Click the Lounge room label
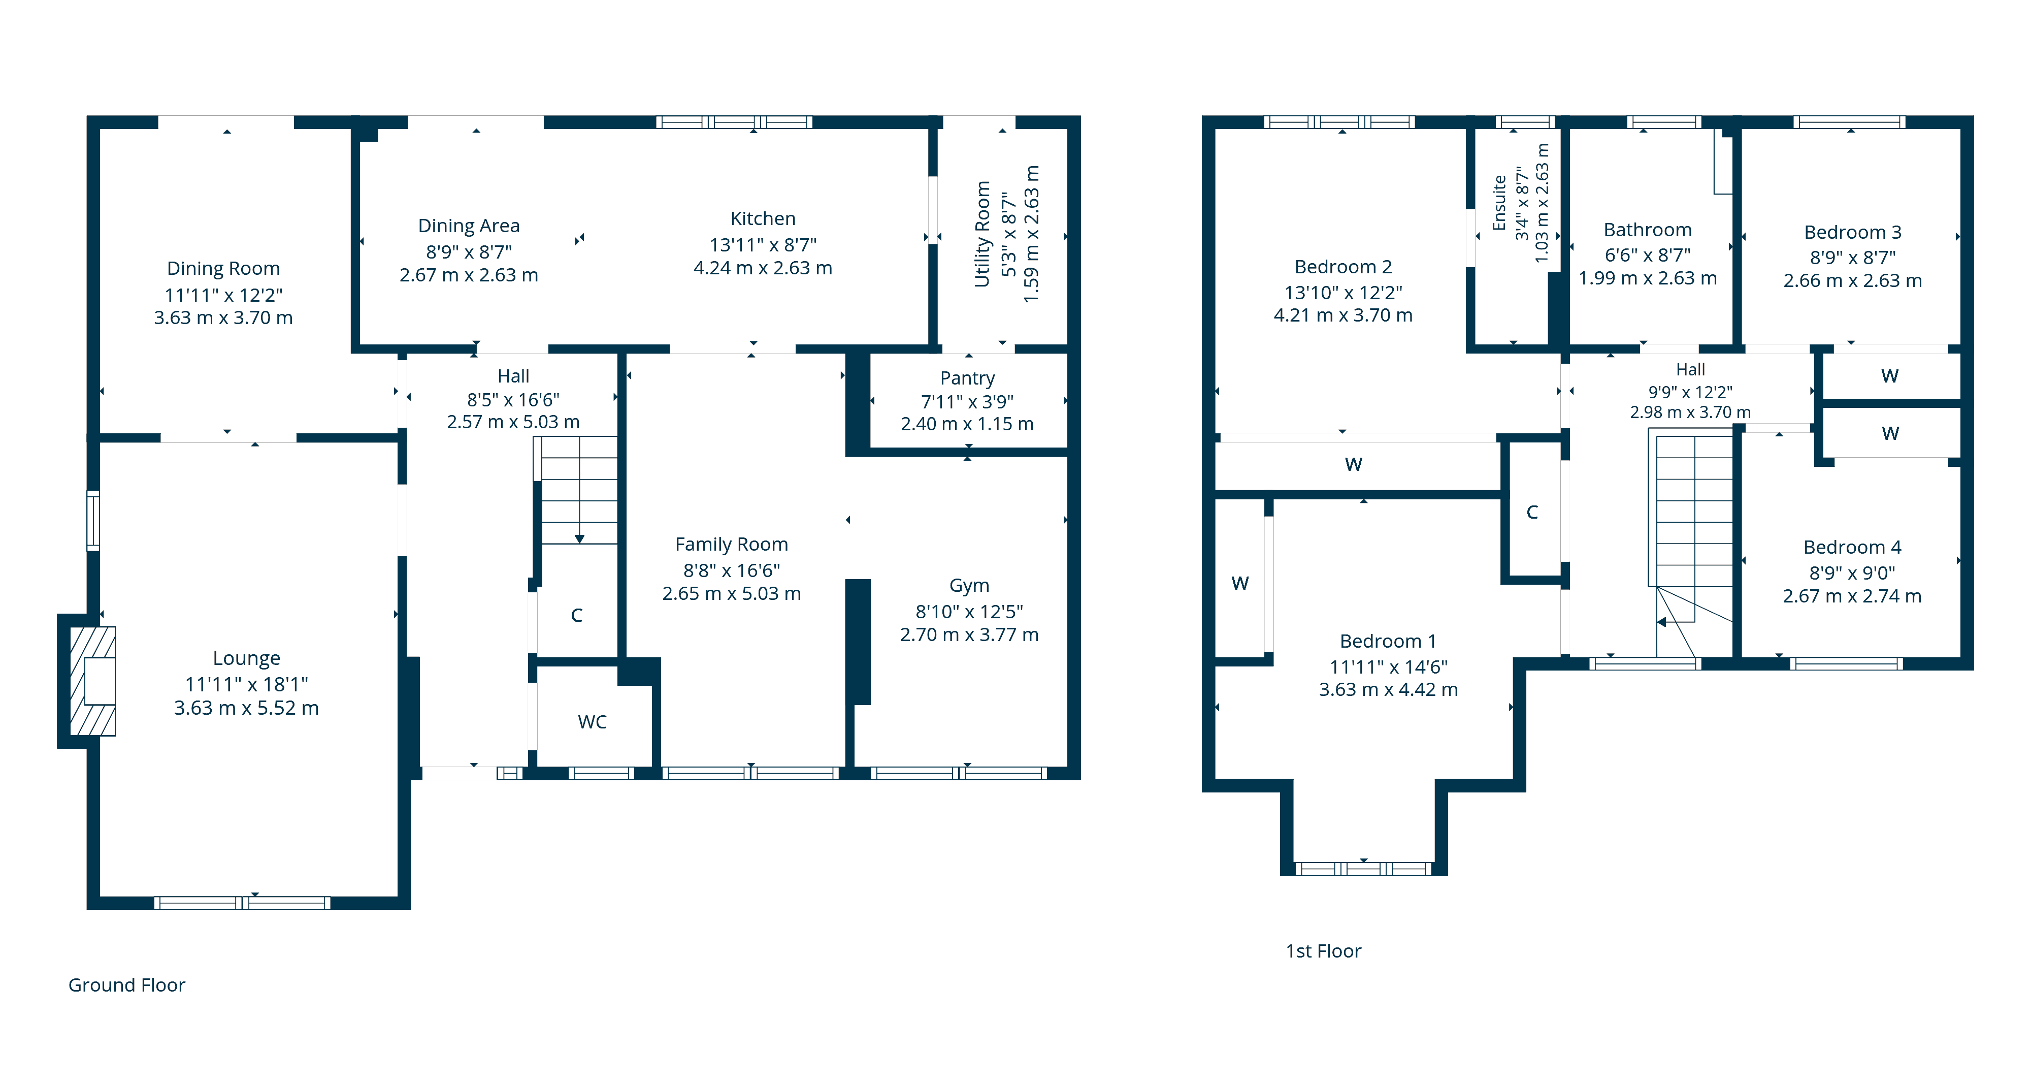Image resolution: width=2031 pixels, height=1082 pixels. click(246, 658)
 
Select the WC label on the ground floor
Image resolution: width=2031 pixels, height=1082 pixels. click(592, 722)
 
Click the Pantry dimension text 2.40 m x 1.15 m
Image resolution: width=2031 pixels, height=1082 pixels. click(967, 424)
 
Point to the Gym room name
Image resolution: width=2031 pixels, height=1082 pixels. click(969, 585)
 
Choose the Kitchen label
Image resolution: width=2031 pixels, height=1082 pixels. click(763, 218)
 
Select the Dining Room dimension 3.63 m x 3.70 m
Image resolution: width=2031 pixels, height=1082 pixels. click(223, 318)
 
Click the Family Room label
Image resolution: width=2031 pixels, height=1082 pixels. click(731, 544)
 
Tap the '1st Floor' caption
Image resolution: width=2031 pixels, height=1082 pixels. click(1323, 951)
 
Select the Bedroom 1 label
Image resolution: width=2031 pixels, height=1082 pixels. click(1388, 641)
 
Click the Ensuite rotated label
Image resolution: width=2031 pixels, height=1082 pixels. click(1499, 204)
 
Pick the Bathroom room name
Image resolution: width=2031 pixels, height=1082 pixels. click(1647, 230)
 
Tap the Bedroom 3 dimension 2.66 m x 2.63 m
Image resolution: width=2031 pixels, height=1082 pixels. click(1852, 281)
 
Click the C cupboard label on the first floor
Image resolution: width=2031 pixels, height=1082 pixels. click(1532, 513)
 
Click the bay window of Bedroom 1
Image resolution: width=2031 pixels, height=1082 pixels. click(1363, 868)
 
